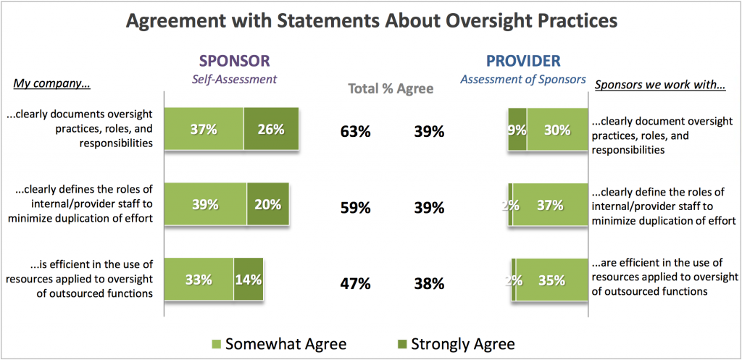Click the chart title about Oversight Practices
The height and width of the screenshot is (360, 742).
pos(371,21)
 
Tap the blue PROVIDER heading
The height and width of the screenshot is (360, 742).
pos(522,61)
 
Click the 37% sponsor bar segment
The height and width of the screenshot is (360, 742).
pos(204,130)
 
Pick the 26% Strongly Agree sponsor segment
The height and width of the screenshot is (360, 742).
pos(270,130)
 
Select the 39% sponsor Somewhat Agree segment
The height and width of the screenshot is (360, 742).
pos(205,205)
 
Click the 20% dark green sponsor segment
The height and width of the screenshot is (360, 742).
pos(267,205)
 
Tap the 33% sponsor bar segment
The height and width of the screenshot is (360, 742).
pos(199,279)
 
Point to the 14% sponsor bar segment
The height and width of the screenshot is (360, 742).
pos(248,279)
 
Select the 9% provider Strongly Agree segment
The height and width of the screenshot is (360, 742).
pos(517,130)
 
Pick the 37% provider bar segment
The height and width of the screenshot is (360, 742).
pos(550,205)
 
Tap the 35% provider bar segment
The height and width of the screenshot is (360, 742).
pos(551,279)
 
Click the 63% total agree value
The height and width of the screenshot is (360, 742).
pos(356,132)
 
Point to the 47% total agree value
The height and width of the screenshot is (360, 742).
pos(356,283)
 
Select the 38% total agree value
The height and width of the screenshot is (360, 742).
pos(429,283)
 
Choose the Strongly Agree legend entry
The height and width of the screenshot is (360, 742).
pos(454,343)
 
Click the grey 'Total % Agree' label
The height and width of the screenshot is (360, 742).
pos(391,89)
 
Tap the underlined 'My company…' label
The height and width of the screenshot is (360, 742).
pos(52,84)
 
